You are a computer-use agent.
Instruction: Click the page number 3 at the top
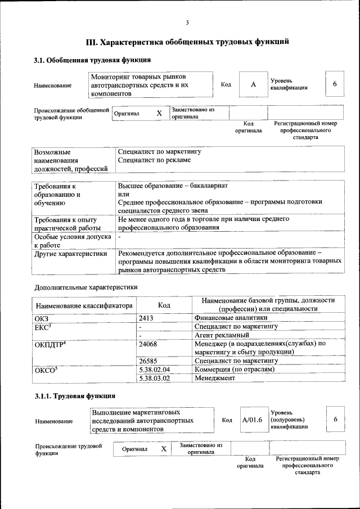(187, 22)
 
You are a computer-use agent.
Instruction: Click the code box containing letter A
(253, 84)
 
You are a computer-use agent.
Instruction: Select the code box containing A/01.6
(252, 420)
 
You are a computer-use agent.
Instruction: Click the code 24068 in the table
(148, 343)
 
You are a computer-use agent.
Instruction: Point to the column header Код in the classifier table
(164, 305)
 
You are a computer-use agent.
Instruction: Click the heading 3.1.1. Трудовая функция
(75, 397)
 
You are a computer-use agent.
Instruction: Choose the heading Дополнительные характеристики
(86, 287)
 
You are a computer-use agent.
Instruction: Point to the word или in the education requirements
(124, 194)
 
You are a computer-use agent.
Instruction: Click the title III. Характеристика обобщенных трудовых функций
(187, 42)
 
